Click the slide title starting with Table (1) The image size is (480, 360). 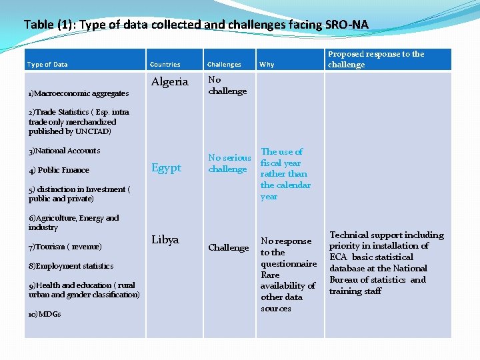click(195, 25)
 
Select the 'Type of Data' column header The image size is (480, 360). click(47, 65)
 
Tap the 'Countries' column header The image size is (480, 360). click(165, 65)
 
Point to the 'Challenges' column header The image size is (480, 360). click(224, 65)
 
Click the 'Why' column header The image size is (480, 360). click(267, 65)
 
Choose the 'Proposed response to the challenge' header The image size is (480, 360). click(375, 59)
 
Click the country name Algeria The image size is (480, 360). click(169, 82)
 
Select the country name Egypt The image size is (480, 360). click(166, 168)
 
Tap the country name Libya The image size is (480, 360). click(165, 240)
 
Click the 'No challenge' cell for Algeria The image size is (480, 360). click(227, 85)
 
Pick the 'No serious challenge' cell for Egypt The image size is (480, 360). click(229, 163)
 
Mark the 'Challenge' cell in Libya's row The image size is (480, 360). click(228, 248)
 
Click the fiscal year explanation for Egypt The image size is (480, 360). click(285, 174)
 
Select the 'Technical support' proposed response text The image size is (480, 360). click(387, 263)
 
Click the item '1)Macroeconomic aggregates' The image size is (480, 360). click(79, 93)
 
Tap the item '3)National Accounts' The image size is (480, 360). click(64, 151)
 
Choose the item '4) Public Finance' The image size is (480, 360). click(59, 170)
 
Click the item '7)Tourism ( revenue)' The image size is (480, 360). click(65, 247)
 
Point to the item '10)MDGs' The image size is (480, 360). click(45, 314)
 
